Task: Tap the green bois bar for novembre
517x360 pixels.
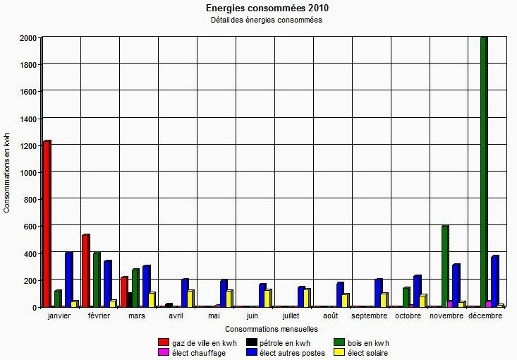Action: [445, 266]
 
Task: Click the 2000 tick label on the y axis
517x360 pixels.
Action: [28, 38]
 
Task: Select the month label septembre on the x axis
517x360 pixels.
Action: [369, 316]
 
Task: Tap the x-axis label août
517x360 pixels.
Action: [331, 316]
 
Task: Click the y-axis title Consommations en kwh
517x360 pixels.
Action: [7, 172]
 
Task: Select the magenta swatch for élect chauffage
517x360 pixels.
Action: [163, 352]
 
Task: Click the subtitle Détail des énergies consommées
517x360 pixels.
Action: [267, 20]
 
